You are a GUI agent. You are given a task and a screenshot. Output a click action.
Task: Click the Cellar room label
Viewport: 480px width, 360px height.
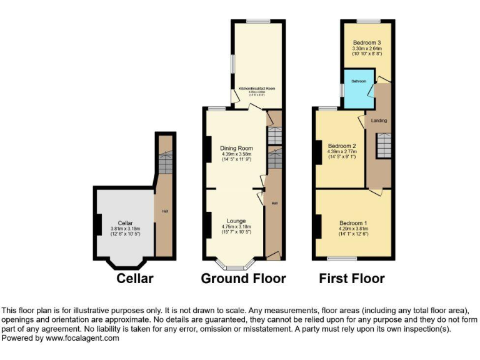126,222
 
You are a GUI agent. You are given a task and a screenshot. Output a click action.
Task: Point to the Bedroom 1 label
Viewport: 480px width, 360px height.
354,223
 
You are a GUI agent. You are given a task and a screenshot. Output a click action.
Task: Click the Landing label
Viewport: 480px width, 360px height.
379,121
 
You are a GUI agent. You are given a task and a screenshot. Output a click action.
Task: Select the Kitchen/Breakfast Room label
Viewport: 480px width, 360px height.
257,89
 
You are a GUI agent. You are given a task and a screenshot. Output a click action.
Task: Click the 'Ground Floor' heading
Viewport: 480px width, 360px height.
243,278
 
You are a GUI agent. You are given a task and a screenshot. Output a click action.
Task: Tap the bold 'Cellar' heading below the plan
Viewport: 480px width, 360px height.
134,278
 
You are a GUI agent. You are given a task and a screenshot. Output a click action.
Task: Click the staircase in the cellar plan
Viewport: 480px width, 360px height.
164,164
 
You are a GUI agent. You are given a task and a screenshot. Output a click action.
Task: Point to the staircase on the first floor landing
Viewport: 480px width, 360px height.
381,147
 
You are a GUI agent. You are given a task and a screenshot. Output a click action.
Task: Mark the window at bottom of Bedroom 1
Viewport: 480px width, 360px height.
338,258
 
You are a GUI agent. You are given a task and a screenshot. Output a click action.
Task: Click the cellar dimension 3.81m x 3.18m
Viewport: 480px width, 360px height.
126,229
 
